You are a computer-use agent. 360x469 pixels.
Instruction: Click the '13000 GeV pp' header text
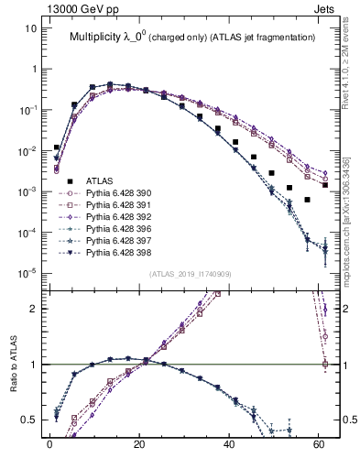tap(53, 8)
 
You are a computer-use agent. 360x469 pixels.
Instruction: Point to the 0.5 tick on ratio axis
tap(30, 420)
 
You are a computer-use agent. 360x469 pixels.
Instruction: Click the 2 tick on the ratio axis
tap(34, 309)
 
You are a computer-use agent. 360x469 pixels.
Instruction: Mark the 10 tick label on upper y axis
tap(30, 28)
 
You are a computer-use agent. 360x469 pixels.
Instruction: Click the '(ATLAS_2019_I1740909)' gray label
tap(190, 274)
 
